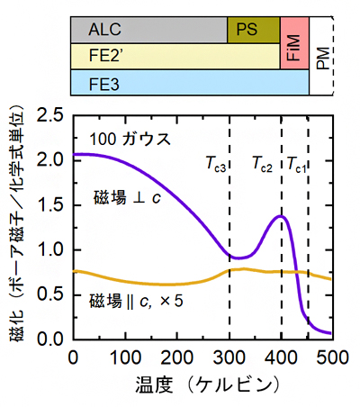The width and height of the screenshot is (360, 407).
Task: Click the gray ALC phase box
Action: tap(148, 30)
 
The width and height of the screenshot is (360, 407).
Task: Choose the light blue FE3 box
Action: tap(189, 85)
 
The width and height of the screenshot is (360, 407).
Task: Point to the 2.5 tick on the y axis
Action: tap(51, 115)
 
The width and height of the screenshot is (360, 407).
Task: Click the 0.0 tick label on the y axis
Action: tap(51, 339)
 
